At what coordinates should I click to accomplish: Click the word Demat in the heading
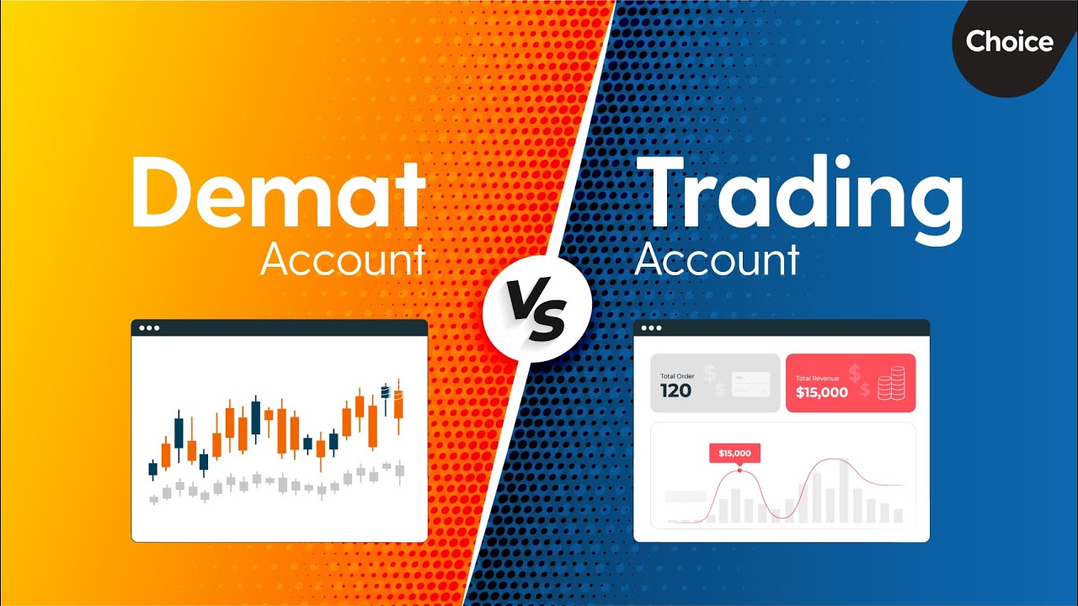tap(279, 193)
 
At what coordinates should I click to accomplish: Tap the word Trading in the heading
tap(799, 198)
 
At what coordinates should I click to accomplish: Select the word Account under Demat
tap(343, 259)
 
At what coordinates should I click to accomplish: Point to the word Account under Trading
tap(717, 259)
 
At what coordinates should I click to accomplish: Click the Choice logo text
tap(1009, 41)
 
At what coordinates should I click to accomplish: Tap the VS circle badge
tap(537, 308)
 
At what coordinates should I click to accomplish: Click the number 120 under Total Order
tap(675, 391)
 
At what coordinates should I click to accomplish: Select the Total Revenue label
tap(817, 378)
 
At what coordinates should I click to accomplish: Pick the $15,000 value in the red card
tap(821, 392)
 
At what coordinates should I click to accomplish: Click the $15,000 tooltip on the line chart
tap(734, 453)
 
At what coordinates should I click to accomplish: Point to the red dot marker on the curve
tap(739, 470)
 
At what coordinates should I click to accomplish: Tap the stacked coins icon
tap(891, 383)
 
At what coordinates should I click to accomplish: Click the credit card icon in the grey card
tap(750, 385)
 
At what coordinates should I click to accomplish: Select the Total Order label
tap(677, 376)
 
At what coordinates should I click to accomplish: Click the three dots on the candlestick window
tap(149, 328)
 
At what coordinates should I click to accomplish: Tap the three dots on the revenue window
tap(651, 328)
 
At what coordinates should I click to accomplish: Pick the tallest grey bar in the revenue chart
tap(844, 491)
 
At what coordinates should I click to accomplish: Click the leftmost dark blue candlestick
tap(153, 469)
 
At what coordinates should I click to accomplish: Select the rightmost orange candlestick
tap(398, 405)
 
